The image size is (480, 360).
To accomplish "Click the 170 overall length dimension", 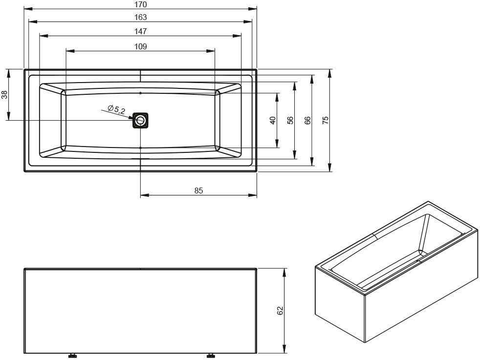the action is [x=140, y=4].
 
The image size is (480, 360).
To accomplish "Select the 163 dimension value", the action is [x=140, y=18].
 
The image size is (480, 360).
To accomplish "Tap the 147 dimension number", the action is [x=140, y=31].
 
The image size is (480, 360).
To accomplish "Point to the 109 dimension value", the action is [x=140, y=46].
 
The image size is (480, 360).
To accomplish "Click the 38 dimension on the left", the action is [x=4, y=95].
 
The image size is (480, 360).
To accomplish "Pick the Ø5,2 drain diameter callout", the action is [x=116, y=109].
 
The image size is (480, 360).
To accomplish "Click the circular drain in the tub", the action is [x=140, y=120].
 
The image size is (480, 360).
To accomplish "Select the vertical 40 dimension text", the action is [x=273, y=120].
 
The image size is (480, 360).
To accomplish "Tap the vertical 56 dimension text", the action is [x=290, y=120].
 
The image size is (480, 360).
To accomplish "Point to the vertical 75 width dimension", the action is [x=326, y=120].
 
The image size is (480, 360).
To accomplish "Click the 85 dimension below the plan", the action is [x=198, y=191].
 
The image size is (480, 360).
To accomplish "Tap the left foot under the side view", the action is [x=72, y=356].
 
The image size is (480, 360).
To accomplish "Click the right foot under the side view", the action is [x=211, y=356].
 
